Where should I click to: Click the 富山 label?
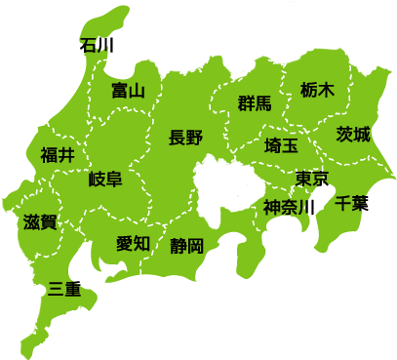pyautogui.click(x=128, y=91)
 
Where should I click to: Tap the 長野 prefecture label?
pyautogui.click(x=185, y=138)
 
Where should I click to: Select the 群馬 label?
pyautogui.click(x=255, y=103)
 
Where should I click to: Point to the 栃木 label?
pyautogui.click(x=317, y=89)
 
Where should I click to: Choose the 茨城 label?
pyautogui.click(x=353, y=134)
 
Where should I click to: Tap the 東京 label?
pyautogui.click(x=311, y=179)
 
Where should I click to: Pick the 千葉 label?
pyautogui.click(x=349, y=204)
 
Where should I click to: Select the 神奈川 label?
pyautogui.click(x=287, y=208)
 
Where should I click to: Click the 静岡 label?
pyautogui.click(x=185, y=245)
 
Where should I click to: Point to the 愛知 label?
pyautogui.click(x=133, y=243)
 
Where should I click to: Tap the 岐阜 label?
pyautogui.click(x=104, y=179)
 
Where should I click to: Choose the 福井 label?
pyautogui.click(x=58, y=154)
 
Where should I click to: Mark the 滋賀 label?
pyautogui.click(x=39, y=221)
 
